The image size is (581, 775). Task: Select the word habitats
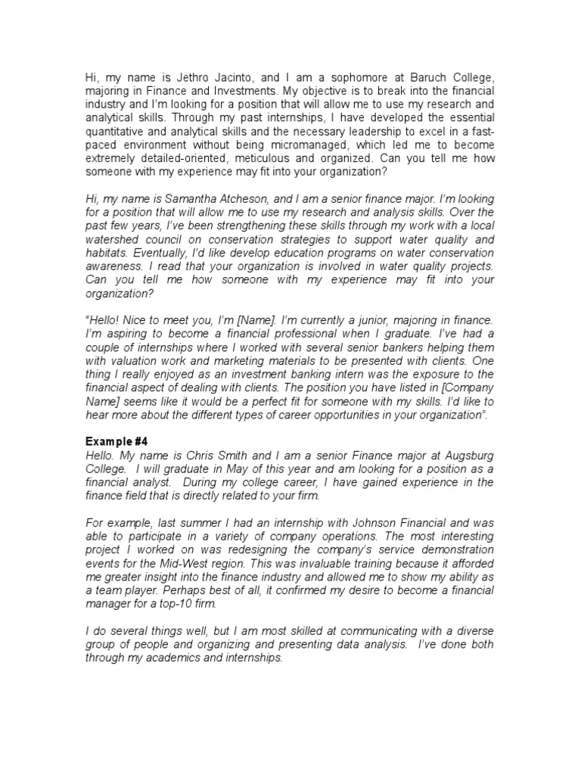click(106, 253)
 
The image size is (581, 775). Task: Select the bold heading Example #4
click(114, 442)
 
